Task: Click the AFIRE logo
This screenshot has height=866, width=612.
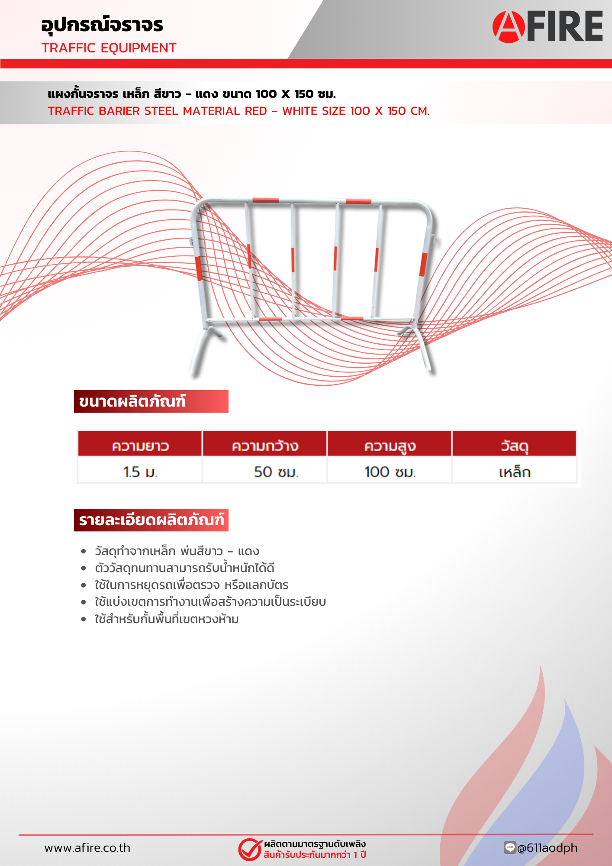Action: coord(548,26)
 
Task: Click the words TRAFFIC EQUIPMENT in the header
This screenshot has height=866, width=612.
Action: coord(109,48)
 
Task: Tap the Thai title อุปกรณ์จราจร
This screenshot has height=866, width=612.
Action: coord(102,25)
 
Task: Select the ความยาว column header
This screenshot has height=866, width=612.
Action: coord(140,446)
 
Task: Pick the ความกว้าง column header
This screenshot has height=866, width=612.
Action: coord(265,446)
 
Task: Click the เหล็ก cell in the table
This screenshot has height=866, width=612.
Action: coord(515,472)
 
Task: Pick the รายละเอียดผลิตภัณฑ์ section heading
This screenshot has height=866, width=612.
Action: coord(151,520)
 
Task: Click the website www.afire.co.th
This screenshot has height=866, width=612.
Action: coord(87,848)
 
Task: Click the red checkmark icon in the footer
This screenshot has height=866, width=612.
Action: coord(250,849)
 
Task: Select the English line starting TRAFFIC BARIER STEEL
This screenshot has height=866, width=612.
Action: coord(239,111)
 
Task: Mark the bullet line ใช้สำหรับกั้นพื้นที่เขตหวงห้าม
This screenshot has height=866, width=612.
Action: coord(167,619)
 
